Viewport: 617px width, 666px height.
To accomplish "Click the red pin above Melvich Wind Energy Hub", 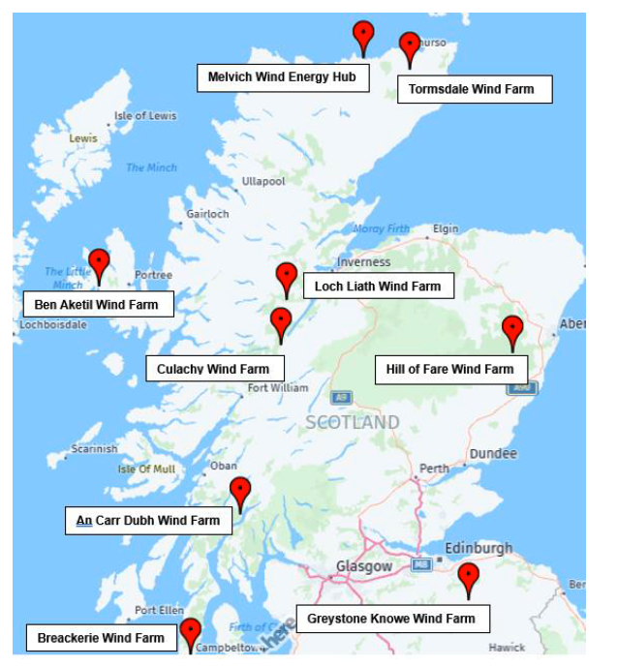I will pyautogui.click(x=363, y=37).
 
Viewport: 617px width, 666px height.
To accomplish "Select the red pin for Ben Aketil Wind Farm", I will pyautogui.click(x=99, y=264).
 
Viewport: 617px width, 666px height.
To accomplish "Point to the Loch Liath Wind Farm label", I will pyautogui.click(x=378, y=286).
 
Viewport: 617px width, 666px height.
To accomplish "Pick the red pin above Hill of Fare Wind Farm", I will pyautogui.click(x=512, y=331).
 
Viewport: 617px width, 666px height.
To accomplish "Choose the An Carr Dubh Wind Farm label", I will pyautogui.click(x=149, y=521).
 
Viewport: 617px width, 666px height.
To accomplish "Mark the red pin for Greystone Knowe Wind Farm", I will pyautogui.click(x=469, y=578).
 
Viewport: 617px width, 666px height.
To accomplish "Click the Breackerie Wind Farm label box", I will pyautogui.click(x=102, y=638).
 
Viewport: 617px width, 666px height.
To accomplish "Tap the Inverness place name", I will pyautogui.click(x=363, y=262).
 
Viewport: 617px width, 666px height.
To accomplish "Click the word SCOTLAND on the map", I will pyautogui.click(x=353, y=422).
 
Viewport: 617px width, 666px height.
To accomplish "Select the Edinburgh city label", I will pyautogui.click(x=478, y=548).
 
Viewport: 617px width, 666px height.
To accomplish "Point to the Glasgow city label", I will pyautogui.click(x=364, y=566).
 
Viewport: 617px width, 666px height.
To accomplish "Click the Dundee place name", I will pyautogui.click(x=493, y=454).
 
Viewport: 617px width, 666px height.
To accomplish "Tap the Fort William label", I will pyautogui.click(x=278, y=388).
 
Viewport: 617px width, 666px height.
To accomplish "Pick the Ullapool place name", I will pyautogui.click(x=263, y=181).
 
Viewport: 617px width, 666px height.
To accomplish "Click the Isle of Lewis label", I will pyautogui.click(x=145, y=116).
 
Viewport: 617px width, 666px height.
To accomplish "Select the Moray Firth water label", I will pyautogui.click(x=382, y=229).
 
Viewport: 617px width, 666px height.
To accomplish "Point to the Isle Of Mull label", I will pyautogui.click(x=146, y=469).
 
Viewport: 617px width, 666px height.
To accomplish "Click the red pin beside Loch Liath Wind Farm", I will pyautogui.click(x=286, y=278).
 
